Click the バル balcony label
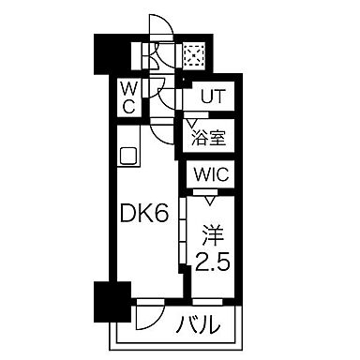coord(202,325)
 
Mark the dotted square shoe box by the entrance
coord(195,54)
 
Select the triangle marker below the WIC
coord(210,199)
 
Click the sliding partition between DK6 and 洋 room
coord(180,234)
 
